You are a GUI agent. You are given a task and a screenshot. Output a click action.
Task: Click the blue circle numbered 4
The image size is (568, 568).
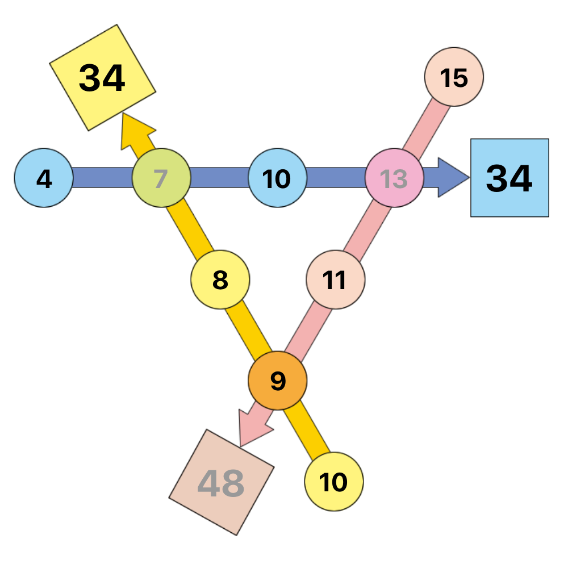tap(44, 178)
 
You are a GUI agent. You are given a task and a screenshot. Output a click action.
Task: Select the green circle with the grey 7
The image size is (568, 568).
tap(161, 178)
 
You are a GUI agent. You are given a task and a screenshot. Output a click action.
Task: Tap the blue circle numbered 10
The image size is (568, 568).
tap(278, 178)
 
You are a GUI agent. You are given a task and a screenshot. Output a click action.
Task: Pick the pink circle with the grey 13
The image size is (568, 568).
tap(394, 178)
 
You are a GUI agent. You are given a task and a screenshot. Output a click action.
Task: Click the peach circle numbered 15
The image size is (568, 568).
tap(454, 77)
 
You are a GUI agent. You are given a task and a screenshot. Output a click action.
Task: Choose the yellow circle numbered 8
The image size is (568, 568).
tap(220, 279)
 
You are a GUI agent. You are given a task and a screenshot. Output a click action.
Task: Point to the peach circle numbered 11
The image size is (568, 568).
tap(336, 279)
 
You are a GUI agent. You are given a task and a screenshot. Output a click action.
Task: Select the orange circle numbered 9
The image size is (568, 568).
tap(278, 381)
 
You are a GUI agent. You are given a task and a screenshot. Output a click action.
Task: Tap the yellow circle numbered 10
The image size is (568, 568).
tap(334, 482)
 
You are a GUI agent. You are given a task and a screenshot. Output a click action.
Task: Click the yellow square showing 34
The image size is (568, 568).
tap(102, 77)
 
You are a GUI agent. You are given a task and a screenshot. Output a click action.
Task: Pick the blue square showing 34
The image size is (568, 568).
tap(509, 178)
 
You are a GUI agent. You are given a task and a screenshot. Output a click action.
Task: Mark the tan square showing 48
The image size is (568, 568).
tap(222, 482)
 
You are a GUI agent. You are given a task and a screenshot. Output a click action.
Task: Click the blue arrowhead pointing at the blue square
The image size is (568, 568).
tap(453, 177)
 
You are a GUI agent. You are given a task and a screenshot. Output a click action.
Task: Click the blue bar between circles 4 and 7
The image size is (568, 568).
tap(103, 177)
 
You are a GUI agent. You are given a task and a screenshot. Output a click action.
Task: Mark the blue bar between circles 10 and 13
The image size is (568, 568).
tap(336, 177)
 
